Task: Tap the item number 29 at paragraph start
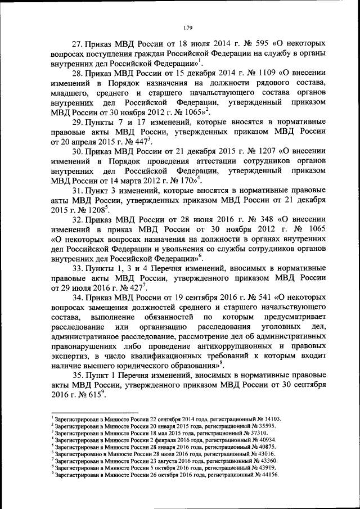tap(80, 122)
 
